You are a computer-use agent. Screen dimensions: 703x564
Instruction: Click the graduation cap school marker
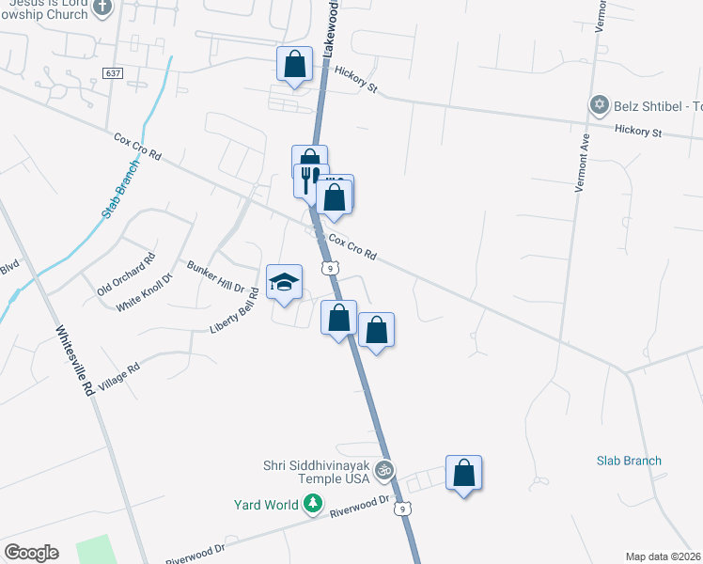point(284,283)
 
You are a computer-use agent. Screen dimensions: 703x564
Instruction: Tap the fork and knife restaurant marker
point(307,178)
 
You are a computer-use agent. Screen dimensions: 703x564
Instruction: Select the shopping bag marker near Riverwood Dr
point(463,474)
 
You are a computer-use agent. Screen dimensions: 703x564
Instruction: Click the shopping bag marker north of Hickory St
point(294,65)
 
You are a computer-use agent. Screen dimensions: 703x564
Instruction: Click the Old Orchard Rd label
point(125,274)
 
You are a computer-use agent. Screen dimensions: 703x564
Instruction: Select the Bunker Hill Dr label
point(215,276)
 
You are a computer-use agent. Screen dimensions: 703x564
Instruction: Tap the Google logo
point(31,553)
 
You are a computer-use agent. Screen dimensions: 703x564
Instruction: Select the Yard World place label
point(266,505)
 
